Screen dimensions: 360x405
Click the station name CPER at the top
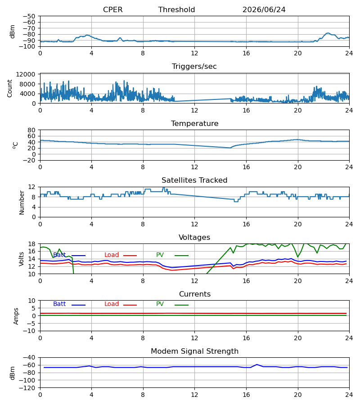click(112, 9)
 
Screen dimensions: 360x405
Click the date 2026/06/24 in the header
click(264, 9)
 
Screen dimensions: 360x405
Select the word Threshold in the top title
click(177, 9)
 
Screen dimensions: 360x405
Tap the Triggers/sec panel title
click(194, 67)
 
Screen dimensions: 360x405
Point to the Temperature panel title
click(194, 123)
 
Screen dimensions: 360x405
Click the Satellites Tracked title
click(194, 180)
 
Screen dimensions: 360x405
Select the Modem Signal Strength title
click(194, 351)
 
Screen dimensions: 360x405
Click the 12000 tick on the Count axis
click(26, 74)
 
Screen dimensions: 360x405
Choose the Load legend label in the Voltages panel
click(112, 255)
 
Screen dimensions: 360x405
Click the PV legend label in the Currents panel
click(160, 304)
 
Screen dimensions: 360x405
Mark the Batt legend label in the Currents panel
click(59, 304)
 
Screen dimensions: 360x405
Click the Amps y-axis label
click(16, 316)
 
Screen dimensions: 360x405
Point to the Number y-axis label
click(22, 202)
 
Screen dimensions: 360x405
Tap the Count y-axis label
click(9, 88)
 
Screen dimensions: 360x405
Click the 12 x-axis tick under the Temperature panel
click(194, 167)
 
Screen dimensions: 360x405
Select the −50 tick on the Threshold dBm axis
click(29, 16)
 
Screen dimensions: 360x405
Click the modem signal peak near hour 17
click(257, 364)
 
